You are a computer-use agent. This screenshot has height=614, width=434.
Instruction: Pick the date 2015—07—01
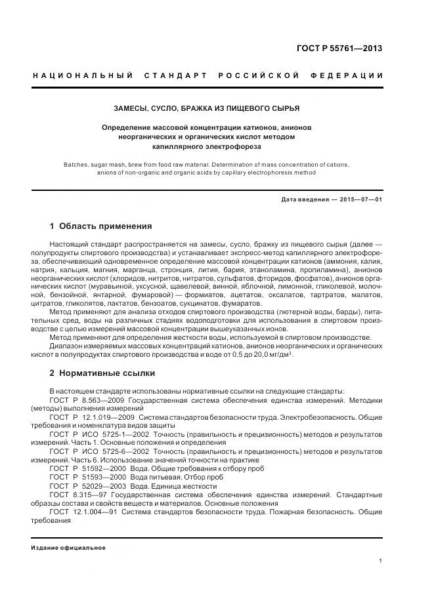[x=360, y=199]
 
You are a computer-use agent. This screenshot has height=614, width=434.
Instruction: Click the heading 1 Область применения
[x=100, y=226]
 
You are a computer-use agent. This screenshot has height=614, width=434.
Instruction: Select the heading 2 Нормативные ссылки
[x=102, y=373]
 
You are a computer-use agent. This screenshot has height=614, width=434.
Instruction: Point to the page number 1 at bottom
[x=380, y=561]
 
